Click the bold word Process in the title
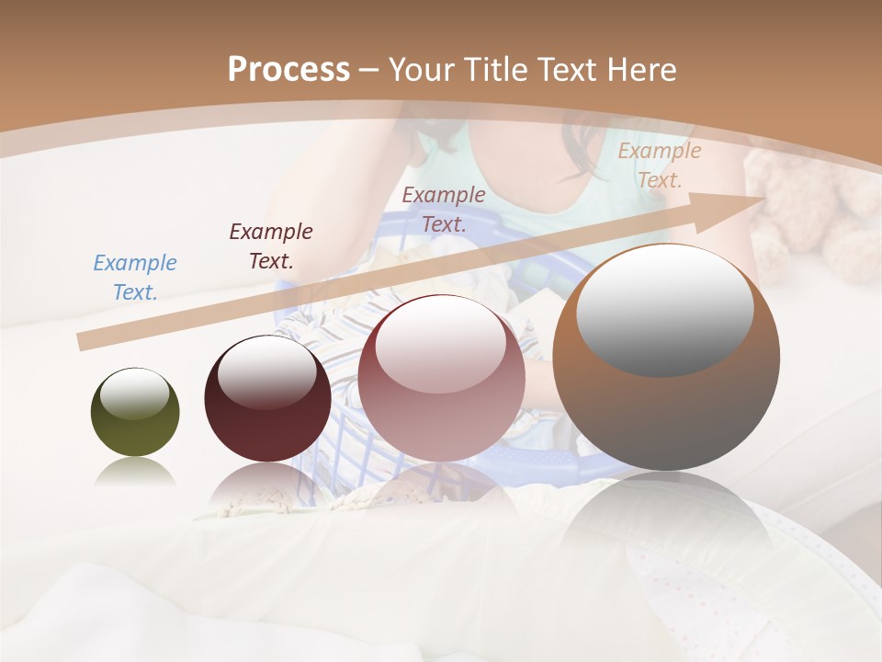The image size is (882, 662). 288,70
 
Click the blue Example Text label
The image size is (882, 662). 135,278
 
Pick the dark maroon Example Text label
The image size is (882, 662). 270,246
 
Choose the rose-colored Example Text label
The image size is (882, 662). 444,209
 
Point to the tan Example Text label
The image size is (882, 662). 659,165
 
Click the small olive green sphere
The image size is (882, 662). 135,413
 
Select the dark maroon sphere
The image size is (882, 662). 267,399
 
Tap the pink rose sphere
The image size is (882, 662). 441,379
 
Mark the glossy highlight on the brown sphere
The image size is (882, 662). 664,310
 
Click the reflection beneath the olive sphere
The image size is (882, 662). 135,473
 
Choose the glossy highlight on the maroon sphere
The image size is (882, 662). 266,372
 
